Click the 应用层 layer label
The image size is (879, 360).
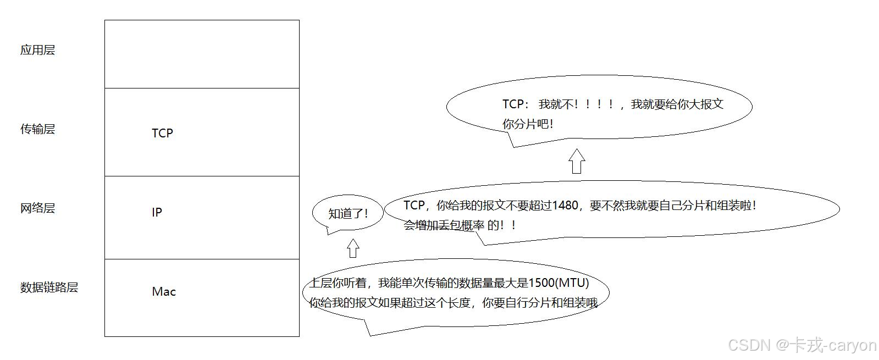click(37, 50)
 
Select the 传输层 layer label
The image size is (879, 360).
click(37, 129)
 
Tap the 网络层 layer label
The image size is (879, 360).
click(37, 208)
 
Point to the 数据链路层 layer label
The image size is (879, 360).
click(49, 287)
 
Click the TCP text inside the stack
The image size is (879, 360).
click(162, 133)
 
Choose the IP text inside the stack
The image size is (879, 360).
click(157, 212)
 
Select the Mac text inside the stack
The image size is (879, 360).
click(164, 291)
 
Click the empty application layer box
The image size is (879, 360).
click(202, 54)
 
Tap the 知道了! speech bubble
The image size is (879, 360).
click(347, 213)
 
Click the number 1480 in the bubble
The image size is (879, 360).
click(565, 206)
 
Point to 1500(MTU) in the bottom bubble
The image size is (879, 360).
click(558, 283)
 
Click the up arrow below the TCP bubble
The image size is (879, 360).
click(576, 161)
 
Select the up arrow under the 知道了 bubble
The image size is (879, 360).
click(353, 248)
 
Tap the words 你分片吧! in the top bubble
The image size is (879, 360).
click(528, 124)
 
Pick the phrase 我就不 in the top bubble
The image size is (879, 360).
click(556, 104)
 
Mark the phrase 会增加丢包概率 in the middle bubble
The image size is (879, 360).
click(444, 225)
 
